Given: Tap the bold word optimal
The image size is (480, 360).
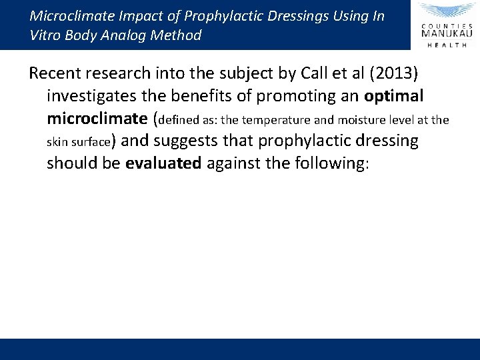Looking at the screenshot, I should tap(394, 96).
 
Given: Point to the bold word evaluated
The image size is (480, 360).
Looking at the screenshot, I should tap(163, 164).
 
